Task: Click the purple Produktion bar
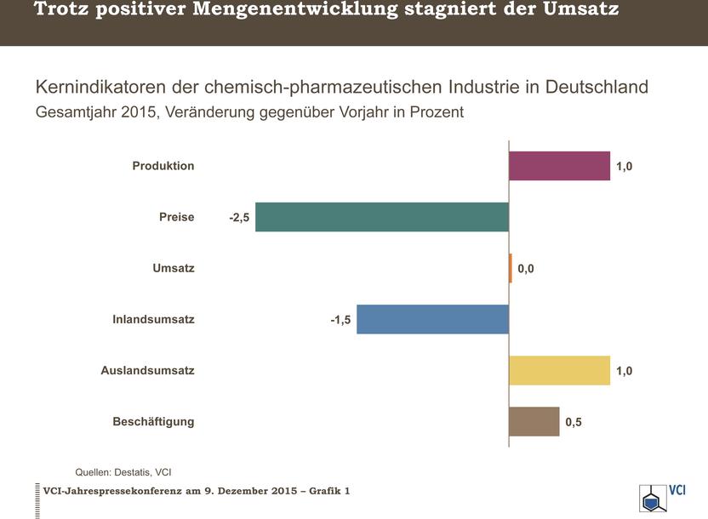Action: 559,166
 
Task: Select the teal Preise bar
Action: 382,217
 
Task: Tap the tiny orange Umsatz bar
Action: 511,268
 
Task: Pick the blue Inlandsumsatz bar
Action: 432,319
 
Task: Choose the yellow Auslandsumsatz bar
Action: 559,370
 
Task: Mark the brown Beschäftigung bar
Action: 534,421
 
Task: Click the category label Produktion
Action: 163,166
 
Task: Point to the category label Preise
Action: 176,217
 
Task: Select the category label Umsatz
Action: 174,268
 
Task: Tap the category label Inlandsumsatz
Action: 153,320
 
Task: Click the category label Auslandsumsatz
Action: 147,370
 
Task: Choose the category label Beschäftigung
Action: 153,422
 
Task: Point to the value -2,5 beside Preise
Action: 239,218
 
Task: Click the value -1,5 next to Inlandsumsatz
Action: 341,320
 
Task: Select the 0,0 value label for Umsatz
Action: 526,269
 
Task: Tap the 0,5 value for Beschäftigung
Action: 574,422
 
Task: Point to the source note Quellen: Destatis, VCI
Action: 123,472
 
